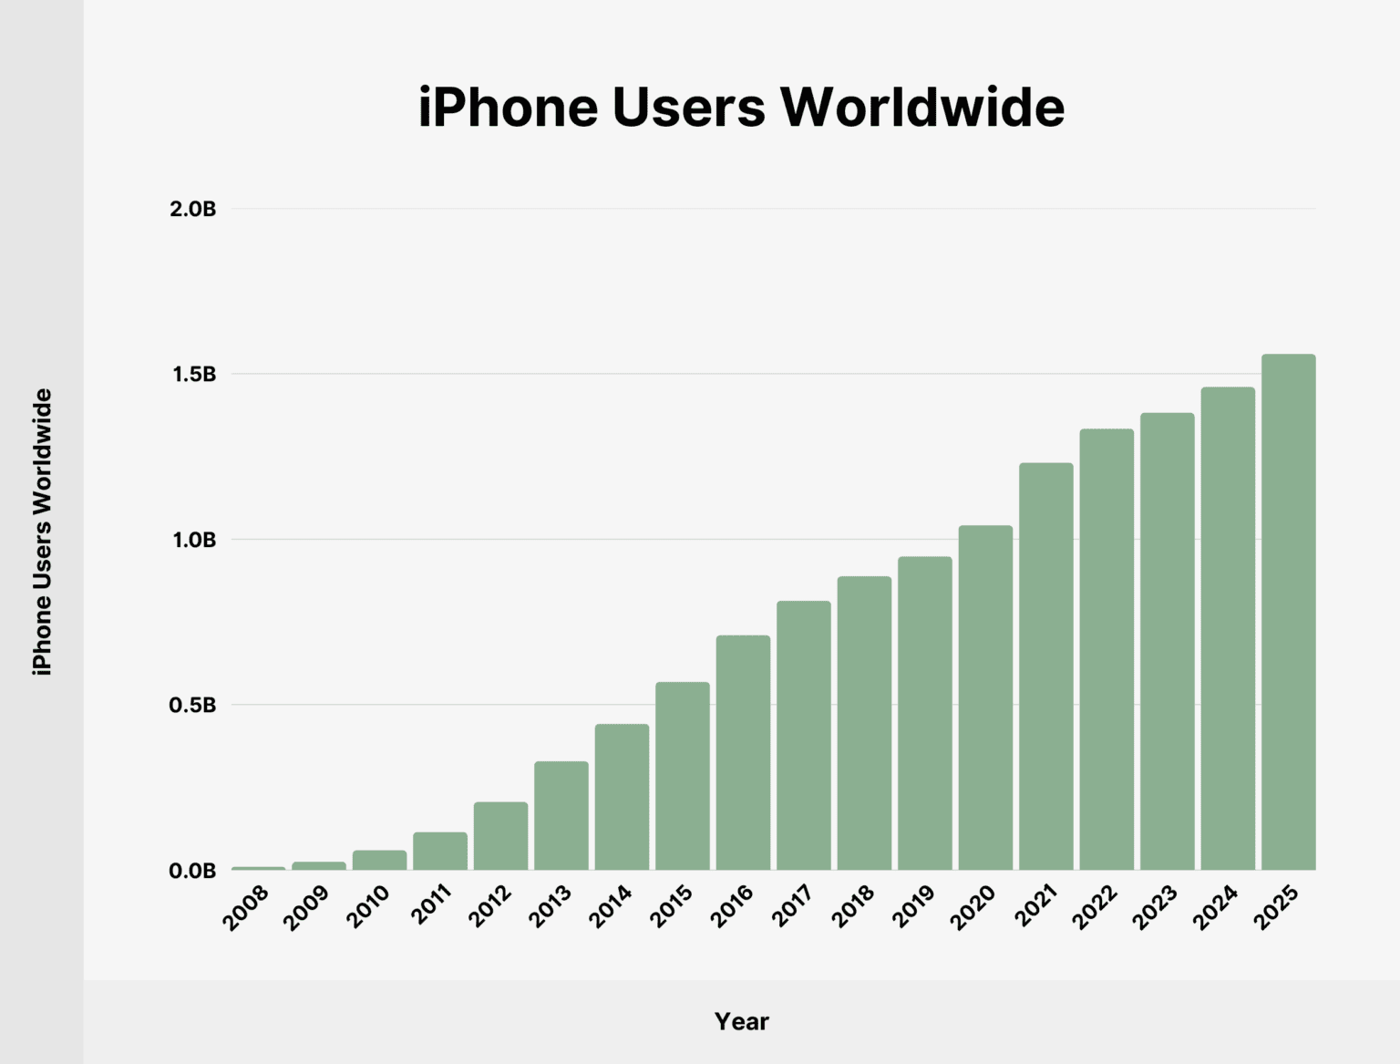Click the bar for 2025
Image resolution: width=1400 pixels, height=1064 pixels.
coord(1288,612)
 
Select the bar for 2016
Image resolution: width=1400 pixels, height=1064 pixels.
coord(743,752)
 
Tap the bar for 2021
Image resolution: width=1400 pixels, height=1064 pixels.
coord(1045,666)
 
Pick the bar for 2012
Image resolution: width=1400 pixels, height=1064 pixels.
coord(500,836)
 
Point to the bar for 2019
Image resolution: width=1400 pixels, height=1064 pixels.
coord(924,713)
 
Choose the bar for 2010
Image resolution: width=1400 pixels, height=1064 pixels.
coord(379,860)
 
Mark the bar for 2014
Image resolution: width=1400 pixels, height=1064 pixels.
coord(622,797)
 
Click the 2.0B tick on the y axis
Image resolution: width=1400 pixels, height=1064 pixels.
coord(192,209)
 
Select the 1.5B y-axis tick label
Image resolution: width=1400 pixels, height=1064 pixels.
coord(193,375)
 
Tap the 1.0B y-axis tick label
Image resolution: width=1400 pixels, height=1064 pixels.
coord(193,540)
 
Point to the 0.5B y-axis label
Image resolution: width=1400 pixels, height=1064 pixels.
coord(192,706)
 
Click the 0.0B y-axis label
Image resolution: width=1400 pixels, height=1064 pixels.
coord(192,871)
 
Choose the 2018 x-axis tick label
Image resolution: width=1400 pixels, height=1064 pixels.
coord(853,907)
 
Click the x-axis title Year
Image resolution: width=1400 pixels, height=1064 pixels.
coord(741,1021)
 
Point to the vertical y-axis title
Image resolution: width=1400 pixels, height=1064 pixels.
coord(42,532)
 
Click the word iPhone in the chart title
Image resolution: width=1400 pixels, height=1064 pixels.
coord(508,108)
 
